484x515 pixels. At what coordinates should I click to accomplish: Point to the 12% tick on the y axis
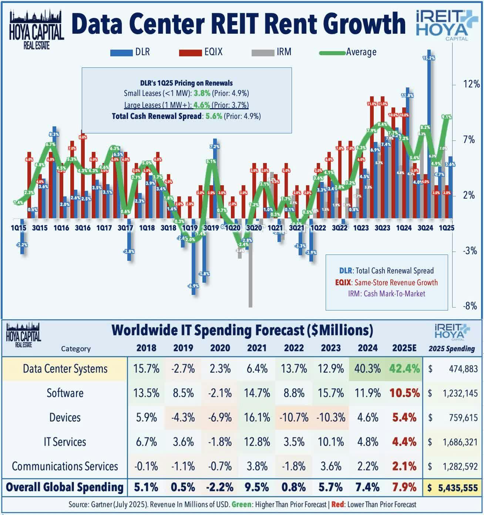point(471,84)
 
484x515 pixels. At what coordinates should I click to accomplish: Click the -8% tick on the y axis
point(470,306)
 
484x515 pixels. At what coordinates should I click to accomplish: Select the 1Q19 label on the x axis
point(190,228)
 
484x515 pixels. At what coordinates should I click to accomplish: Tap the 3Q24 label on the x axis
point(425,228)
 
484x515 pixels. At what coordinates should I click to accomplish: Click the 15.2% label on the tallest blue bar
point(428,58)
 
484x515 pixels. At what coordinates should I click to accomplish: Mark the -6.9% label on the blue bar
point(193,286)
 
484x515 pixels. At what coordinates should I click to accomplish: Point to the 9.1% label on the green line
point(446,117)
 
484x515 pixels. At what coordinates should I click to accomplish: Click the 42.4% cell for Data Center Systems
point(404,369)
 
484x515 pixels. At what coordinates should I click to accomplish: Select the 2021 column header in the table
point(256,348)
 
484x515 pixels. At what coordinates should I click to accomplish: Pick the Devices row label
point(65,418)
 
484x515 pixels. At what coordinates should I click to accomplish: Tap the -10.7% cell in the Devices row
point(294,418)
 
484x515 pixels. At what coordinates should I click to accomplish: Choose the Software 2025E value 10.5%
point(404,393)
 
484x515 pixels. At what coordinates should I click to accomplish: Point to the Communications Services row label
point(65,466)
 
